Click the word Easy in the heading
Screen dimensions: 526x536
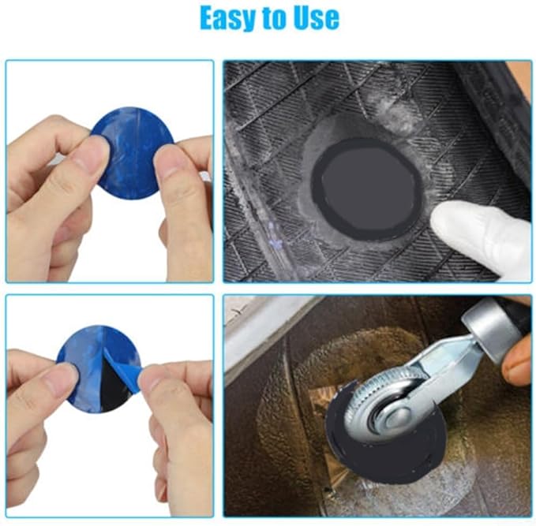tap(230, 17)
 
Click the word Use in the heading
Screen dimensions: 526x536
tap(312, 17)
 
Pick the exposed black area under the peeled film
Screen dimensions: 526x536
tap(115, 394)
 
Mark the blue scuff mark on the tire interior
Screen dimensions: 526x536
tap(273, 232)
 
